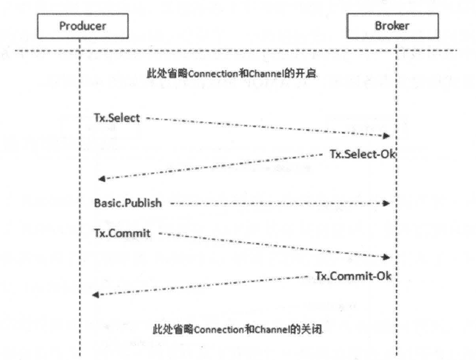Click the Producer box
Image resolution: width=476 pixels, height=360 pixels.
(82, 27)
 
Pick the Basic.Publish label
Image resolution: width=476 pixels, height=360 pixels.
(128, 203)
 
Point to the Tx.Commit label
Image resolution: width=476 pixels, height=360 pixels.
(121, 234)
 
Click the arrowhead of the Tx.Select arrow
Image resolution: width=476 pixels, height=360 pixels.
(387, 136)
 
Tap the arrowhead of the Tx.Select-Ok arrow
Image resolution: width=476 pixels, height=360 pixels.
(101, 179)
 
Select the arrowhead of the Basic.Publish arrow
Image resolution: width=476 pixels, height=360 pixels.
(387, 203)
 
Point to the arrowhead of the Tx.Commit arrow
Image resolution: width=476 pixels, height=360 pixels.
(387, 256)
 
